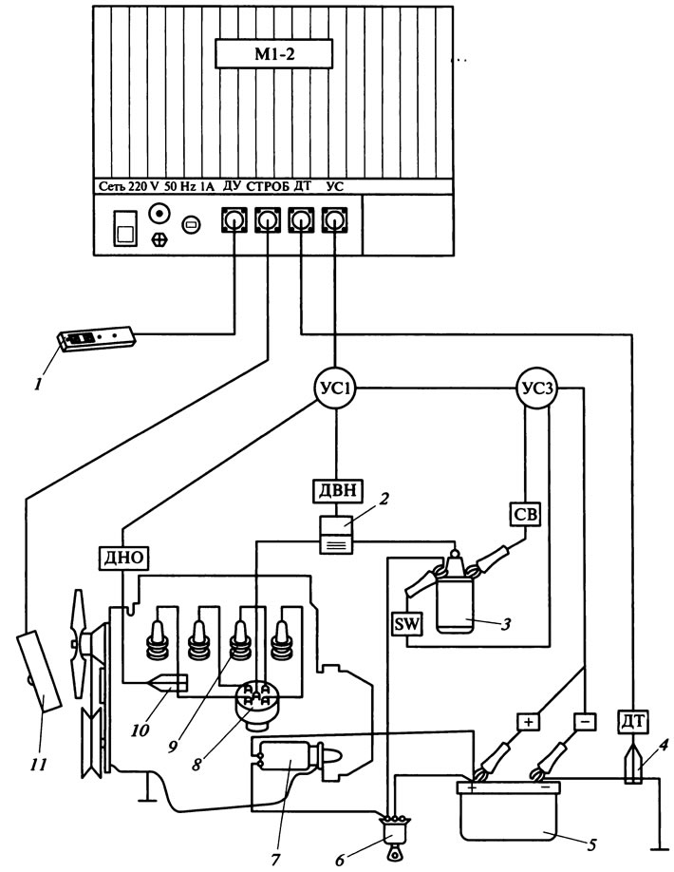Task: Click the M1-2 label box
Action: [274, 53]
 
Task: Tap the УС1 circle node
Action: [335, 389]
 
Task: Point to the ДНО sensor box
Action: [124, 558]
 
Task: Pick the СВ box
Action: [525, 515]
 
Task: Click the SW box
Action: [406, 624]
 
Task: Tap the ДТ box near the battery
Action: [632, 722]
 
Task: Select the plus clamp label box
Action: [528, 722]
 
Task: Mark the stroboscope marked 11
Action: [39, 670]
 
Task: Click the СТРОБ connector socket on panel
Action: [268, 220]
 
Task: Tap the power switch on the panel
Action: [124, 227]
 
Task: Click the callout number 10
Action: [140, 730]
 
